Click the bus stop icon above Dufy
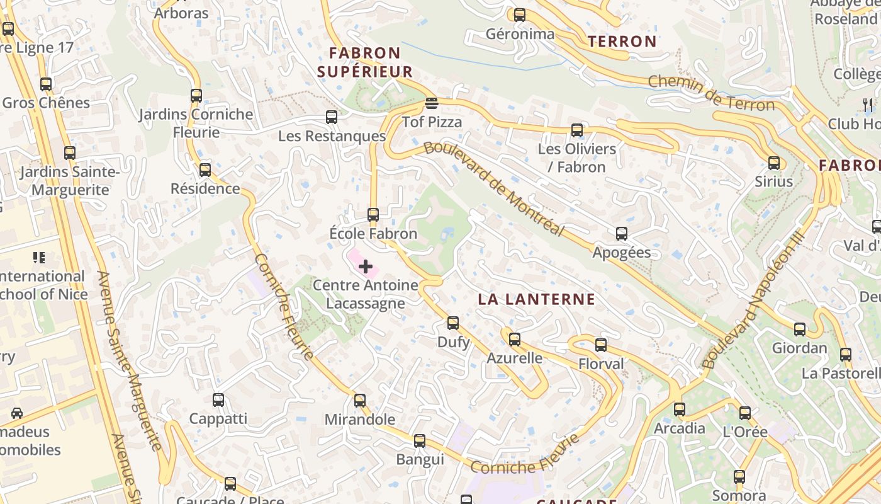click(452, 323)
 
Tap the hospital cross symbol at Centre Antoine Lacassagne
click(365, 266)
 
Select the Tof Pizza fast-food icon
click(431, 103)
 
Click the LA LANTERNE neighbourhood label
click(536, 299)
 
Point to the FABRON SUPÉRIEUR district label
click(365, 62)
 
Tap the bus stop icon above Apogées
click(622, 234)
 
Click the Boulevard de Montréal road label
click(494, 188)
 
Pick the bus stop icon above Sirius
click(774, 163)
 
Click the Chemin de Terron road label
click(711, 93)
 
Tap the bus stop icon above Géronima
click(520, 15)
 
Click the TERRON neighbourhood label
click(622, 42)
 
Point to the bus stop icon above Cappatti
click(218, 399)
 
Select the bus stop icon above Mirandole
click(360, 400)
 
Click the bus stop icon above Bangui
click(420, 440)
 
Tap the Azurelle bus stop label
click(515, 358)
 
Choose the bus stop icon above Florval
click(601, 345)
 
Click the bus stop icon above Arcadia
click(680, 409)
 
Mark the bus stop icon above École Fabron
click(373, 214)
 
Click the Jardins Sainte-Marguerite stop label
click(69, 180)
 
